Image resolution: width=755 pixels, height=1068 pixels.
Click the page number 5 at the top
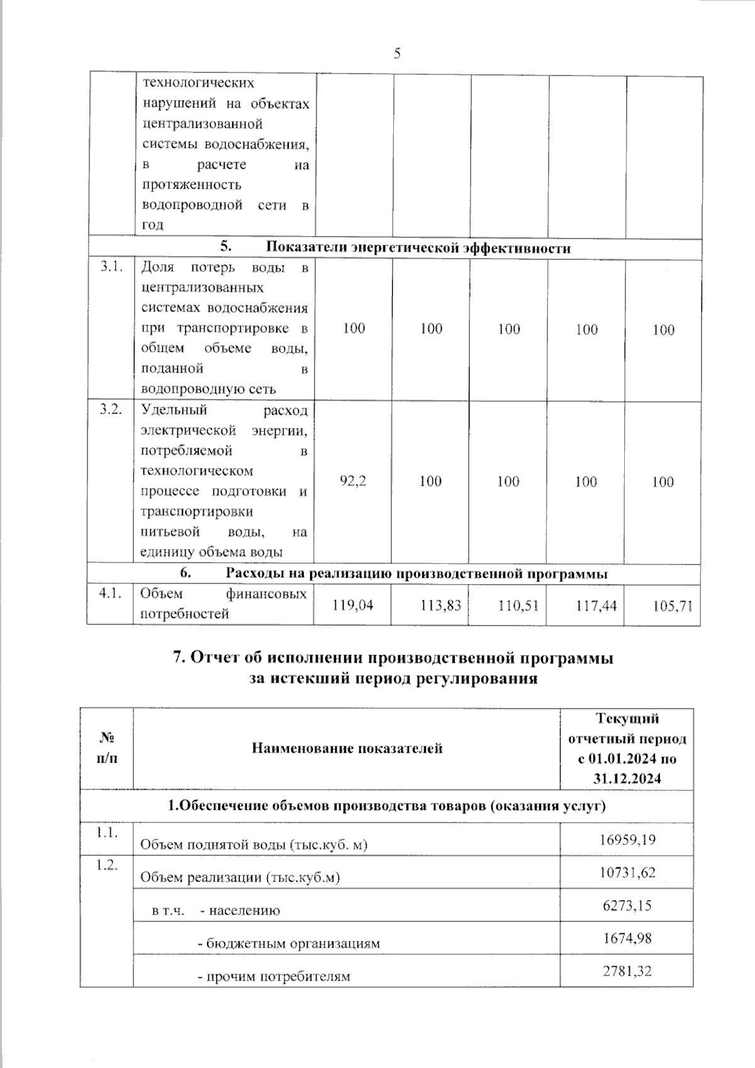coord(397,53)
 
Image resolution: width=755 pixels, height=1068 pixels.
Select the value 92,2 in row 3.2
coord(353,481)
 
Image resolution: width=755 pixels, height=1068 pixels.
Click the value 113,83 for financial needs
coord(440,605)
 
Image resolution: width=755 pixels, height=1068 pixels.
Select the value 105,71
coord(673,606)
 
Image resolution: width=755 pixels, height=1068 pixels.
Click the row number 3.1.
coord(111,267)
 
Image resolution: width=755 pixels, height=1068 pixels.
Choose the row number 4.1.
coord(110,593)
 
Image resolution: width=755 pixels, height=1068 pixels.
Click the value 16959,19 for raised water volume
coord(627,839)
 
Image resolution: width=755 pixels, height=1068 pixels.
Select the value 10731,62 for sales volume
coord(627,872)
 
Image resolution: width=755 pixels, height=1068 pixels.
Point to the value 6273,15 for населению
coord(627,905)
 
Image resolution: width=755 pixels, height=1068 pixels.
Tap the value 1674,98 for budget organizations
coord(627,938)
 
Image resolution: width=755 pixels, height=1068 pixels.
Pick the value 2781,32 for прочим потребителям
coord(627,970)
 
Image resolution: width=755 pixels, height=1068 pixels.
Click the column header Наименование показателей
coord(347,748)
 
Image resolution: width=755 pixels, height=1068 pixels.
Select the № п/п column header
coord(107,748)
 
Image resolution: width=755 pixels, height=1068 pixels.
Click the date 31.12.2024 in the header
coord(627,779)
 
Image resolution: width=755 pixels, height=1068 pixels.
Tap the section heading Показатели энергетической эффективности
coord(418,248)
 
